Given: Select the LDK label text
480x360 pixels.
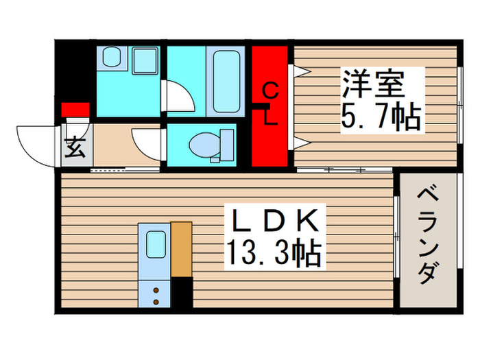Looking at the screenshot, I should tap(274, 222).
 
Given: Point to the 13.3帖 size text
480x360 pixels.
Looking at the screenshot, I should tap(274, 254).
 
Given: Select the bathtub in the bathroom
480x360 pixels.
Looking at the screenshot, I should tap(224, 81).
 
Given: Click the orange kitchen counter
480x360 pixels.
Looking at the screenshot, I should tap(182, 248).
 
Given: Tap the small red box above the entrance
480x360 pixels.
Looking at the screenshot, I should tap(75, 109).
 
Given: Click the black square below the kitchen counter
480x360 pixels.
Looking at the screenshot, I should tap(182, 291).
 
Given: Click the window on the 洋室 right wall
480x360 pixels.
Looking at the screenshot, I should tap(459, 103).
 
